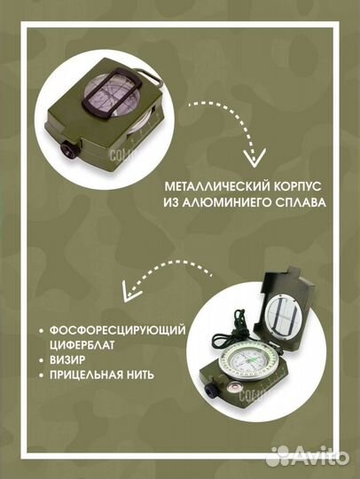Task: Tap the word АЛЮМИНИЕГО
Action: click(247, 203)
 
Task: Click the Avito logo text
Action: click(325, 456)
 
